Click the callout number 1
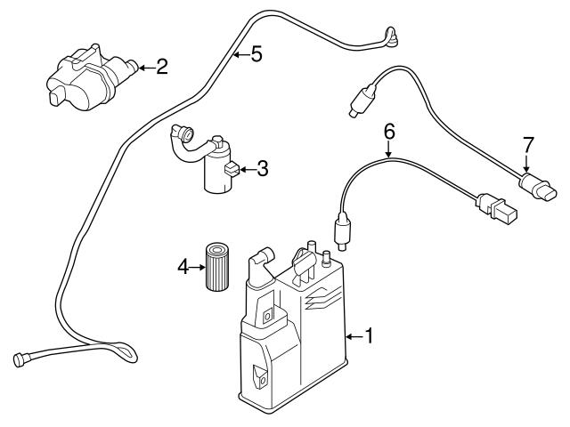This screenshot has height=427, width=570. click(371, 336)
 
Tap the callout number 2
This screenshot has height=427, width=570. click(162, 66)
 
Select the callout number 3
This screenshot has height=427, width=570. click(262, 167)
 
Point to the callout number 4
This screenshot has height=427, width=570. click(183, 266)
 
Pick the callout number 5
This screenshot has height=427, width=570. click(256, 55)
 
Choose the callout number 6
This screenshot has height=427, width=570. click(388, 132)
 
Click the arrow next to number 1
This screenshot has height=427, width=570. click(353, 336)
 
